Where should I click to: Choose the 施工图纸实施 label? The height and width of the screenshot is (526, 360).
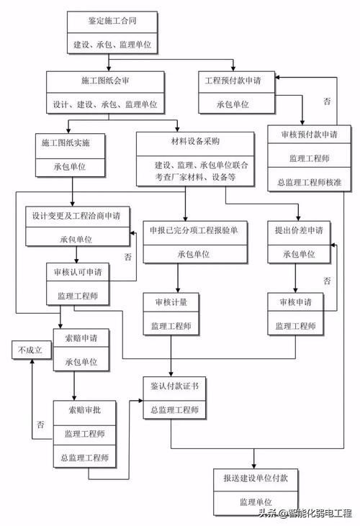[71, 142]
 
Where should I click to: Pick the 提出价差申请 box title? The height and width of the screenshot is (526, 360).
[299, 230]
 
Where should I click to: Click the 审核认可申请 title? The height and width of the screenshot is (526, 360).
[77, 273]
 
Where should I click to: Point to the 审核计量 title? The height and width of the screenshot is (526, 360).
[171, 302]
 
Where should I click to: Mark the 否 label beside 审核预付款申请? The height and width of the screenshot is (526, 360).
[327, 101]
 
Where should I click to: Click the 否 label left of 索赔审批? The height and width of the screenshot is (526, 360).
[40, 425]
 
